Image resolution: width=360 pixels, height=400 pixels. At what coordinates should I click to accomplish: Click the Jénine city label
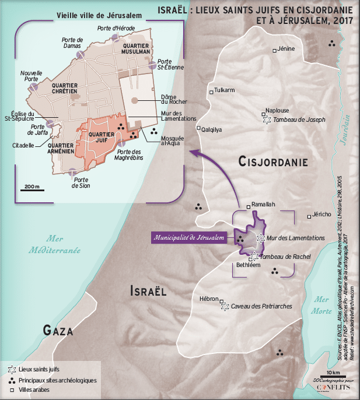(x=286, y=48)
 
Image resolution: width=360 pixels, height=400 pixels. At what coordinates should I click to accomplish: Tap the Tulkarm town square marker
(x=211, y=92)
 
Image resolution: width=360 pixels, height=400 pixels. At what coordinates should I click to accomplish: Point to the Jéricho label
(x=321, y=214)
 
